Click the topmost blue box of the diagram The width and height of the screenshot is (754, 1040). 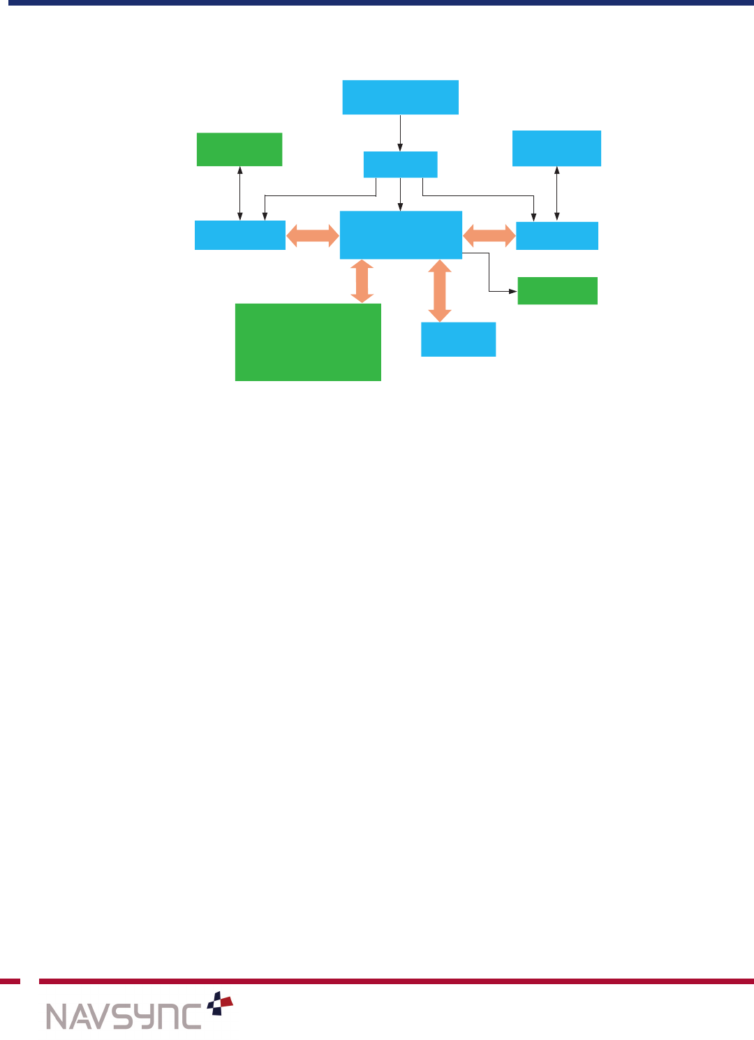pyautogui.click(x=400, y=97)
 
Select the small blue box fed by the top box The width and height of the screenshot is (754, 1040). pyautogui.click(x=400, y=165)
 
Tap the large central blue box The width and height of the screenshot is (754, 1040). pyautogui.click(x=401, y=235)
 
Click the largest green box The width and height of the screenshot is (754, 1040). pyautogui.click(x=308, y=342)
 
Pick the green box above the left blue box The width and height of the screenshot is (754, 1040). pyautogui.click(x=239, y=149)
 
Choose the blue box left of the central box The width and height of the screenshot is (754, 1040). pyautogui.click(x=239, y=235)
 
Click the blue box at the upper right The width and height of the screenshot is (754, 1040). pyautogui.click(x=556, y=148)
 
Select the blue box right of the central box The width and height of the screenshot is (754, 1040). pyautogui.click(x=557, y=236)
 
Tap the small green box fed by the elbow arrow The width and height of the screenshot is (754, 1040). pyautogui.click(x=557, y=291)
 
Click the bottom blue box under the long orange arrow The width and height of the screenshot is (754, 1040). pyautogui.click(x=458, y=339)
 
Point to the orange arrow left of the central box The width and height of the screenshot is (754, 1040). pyautogui.click(x=313, y=235)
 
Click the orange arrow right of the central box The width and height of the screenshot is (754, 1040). pyautogui.click(x=489, y=235)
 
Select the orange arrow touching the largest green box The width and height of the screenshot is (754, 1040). pyautogui.click(x=362, y=281)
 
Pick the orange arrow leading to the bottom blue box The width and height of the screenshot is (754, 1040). pyautogui.click(x=439, y=290)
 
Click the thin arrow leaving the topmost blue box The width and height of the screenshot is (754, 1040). pyautogui.click(x=400, y=133)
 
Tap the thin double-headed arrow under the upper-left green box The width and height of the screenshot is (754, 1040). pyautogui.click(x=240, y=193)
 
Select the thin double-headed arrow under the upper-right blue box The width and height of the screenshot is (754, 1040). pyautogui.click(x=556, y=193)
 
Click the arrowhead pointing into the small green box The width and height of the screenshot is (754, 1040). pyautogui.click(x=513, y=291)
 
